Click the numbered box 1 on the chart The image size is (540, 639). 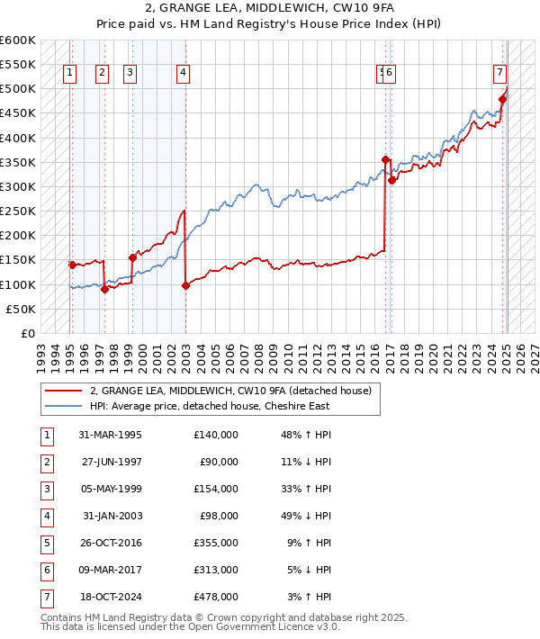pos(70,74)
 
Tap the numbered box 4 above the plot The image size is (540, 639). pos(183,74)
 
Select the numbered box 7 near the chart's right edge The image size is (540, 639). pos(499,74)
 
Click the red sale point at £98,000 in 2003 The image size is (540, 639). pos(185,285)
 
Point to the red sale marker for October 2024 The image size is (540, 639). pos(502,99)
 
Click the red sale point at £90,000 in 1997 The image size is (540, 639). pos(104,289)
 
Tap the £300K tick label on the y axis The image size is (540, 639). pos(18,187)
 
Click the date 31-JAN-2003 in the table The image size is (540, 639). pos(112,516)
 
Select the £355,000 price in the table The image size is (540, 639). pos(216,543)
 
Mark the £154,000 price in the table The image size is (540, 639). pos(216,489)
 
